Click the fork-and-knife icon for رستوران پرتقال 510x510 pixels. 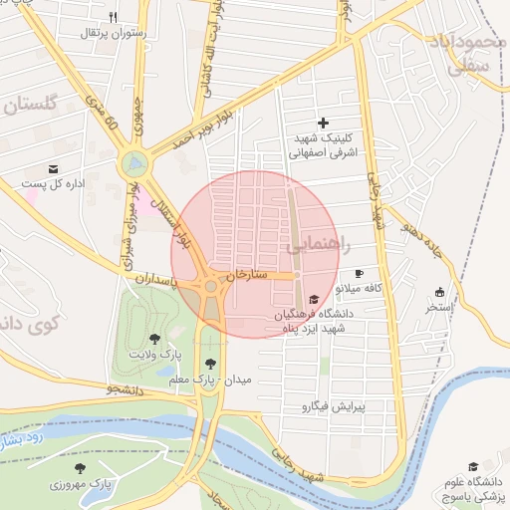click(x=113, y=17)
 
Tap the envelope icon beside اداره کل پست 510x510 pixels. click(x=53, y=168)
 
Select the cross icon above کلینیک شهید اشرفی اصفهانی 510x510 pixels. click(x=323, y=123)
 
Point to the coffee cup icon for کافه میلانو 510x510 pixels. click(x=359, y=273)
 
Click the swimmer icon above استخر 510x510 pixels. click(x=439, y=292)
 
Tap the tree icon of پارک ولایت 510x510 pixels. click(x=154, y=340)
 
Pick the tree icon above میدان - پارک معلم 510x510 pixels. click(x=210, y=365)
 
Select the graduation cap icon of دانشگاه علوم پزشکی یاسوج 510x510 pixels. click(x=473, y=467)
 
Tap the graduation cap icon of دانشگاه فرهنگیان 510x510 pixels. click(x=315, y=299)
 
